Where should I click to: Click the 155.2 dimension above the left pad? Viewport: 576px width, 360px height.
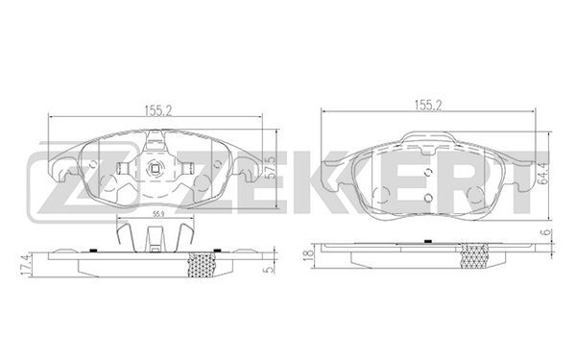tap(158, 109)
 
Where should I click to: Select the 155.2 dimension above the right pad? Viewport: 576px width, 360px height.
tap(428, 105)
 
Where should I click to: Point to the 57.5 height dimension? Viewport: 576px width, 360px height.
tap(272, 167)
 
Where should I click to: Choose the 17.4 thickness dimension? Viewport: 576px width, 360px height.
tap(25, 267)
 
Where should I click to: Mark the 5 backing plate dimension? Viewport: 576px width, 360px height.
tap(270, 269)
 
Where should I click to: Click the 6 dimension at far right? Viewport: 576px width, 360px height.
tap(547, 232)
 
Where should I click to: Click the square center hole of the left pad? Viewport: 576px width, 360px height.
tap(155, 169)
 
